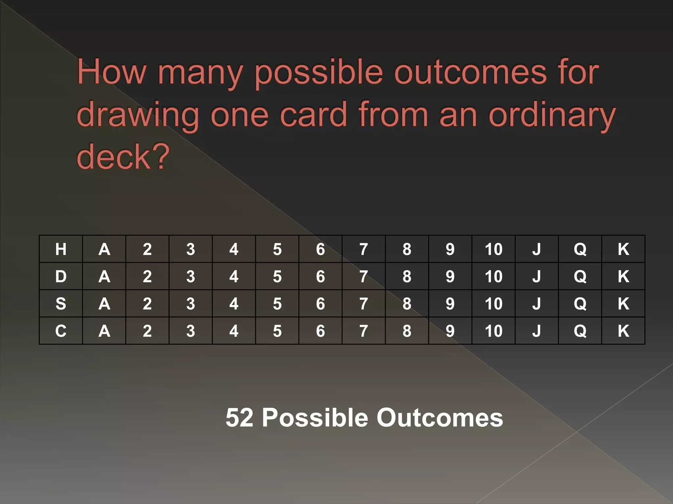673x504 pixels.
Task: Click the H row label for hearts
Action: pos(61,249)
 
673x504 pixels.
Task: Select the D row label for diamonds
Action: pos(61,276)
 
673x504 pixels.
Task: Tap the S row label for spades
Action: pos(61,304)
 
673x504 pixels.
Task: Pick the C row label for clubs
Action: pos(61,331)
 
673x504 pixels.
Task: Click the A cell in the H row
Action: pos(104,249)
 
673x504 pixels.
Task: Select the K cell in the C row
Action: pos(623,331)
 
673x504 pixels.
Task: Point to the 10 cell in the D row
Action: pos(494,276)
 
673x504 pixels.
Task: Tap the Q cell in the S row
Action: pos(580,304)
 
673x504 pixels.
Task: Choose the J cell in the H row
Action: pos(537,249)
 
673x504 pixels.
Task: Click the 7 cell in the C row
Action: pos(363,331)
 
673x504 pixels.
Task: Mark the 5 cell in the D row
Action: pos(277,276)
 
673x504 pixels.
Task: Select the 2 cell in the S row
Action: pos(147,304)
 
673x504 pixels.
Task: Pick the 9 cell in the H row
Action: pos(450,249)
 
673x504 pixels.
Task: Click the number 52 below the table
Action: pos(240,418)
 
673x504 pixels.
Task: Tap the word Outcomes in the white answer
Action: pos(440,418)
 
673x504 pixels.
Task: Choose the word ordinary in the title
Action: pos(552,115)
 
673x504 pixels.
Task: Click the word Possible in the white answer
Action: pos(315,418)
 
